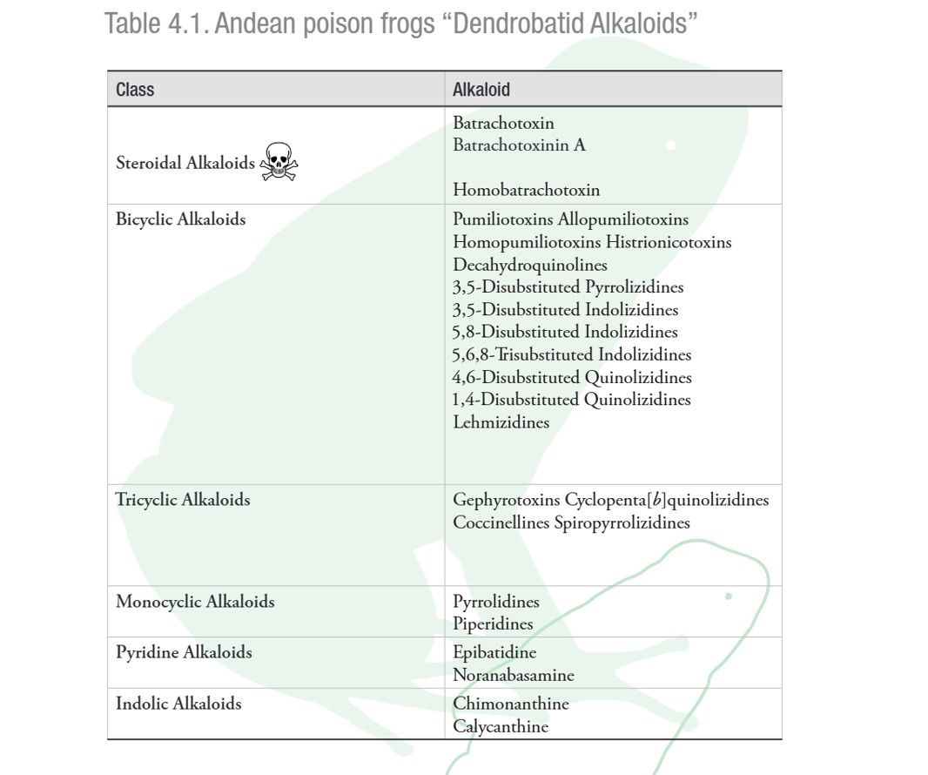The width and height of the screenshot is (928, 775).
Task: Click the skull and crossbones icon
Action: (x=279, y=162)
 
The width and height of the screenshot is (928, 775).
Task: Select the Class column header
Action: (x=135, y=89)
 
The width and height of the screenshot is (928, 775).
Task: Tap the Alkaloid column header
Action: (x=481, y=89)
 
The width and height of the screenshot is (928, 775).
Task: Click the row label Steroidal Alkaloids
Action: (x=185, y=163)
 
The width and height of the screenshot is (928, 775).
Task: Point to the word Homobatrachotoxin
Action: (x=526, y=190)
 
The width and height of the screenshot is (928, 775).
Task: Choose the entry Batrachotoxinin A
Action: (x=519, y=145)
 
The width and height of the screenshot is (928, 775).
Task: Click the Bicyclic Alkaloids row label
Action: (x=181, y=219)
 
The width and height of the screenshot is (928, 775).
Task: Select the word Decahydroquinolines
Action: (x=530, y=265)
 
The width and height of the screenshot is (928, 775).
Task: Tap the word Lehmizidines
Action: (x=501, y=422)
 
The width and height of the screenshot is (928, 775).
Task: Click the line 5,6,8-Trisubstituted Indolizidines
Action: (x=572, y=354)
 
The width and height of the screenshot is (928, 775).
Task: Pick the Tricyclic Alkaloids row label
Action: (x=183, y=500)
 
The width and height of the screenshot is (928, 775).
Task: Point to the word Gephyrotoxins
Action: (x=506, y=500)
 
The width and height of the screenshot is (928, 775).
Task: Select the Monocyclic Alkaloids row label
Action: (x=195, y=602)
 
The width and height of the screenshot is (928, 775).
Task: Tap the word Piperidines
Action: (x=493, y=624)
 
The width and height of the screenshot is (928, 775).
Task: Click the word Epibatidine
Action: (x=494, y=652)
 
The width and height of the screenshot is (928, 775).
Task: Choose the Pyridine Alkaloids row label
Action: (x=184, y=652)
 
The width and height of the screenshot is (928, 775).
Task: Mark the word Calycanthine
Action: (x=501, y=726)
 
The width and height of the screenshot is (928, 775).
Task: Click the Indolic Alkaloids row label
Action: (x=178, y=704)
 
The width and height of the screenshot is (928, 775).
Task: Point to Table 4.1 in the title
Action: (x=155, y=24)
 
